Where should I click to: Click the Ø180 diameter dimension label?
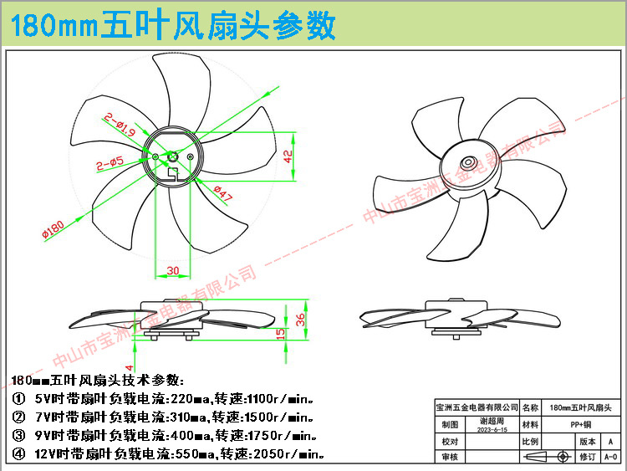click(53, 227)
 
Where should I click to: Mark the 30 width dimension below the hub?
click(173, 270)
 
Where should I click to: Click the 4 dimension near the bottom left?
click(130, 366)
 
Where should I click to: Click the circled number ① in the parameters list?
click(18, 398)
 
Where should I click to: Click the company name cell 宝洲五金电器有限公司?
click(477, 407)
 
